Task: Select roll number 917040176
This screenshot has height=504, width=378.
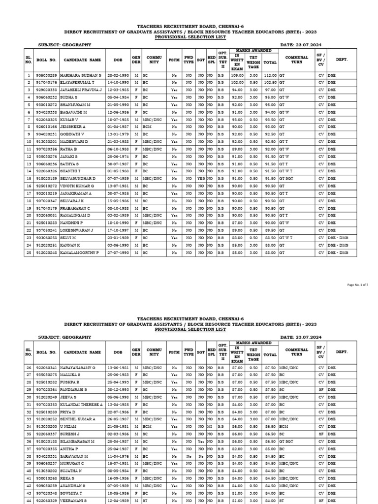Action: click(47, 83)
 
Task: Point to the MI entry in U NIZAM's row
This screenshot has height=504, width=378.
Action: click(210, 427)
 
